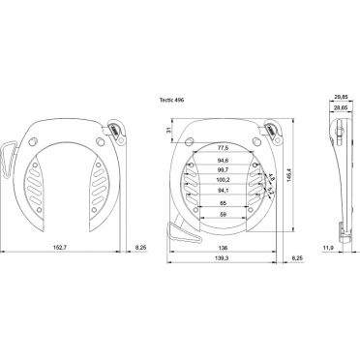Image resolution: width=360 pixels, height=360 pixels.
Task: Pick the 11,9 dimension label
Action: pyautogui.click(x=327, y=249)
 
